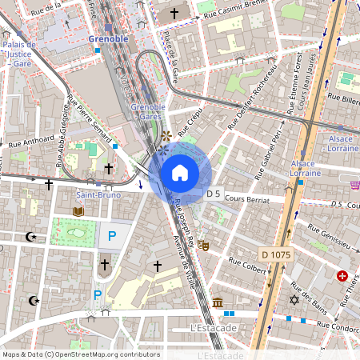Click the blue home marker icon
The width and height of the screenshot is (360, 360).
click(x=180, y=173)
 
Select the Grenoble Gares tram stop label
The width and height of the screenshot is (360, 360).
click(x=147, y=111)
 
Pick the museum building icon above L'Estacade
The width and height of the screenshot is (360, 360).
click(x=218, y=302)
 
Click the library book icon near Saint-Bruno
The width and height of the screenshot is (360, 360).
click(x=78, y=211)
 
